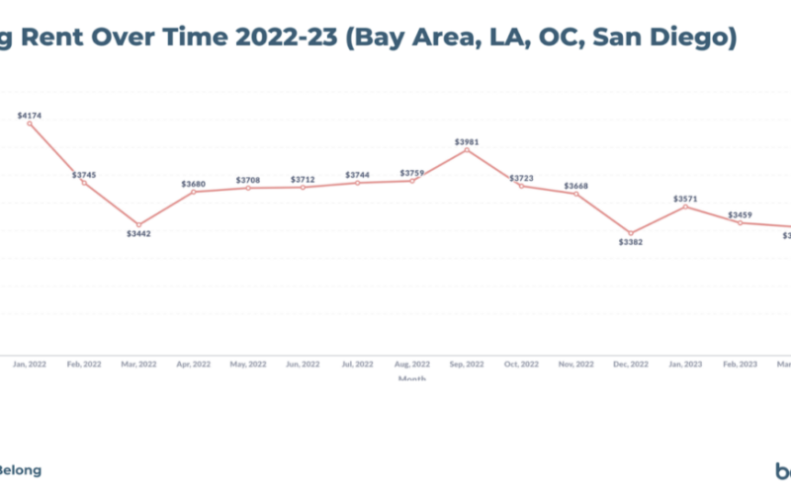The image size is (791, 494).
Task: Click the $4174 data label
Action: click(x=31, y=116)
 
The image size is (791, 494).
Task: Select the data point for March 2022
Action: click(x=139, y=225)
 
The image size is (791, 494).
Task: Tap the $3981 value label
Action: click(x=468, y=141)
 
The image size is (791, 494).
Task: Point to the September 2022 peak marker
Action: click(x=467, y=150)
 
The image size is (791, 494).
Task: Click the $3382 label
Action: click(x=631, y=241)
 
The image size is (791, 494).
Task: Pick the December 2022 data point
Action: click(x=631, y=233)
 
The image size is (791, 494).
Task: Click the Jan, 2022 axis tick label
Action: click(x=30, y=364)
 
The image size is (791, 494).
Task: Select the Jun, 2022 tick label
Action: click(x=304, y=364)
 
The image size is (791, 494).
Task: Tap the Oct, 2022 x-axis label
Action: click(x=522, y=364)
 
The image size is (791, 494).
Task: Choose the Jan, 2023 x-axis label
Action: click(x=686, y=364)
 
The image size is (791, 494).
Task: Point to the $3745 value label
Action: click(x=85, y=175)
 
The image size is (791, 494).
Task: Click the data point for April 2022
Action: click(x=194, y=192)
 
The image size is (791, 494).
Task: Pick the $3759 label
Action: click(x=412, y=174)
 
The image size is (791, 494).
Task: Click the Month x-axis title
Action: click(x=412, y=378)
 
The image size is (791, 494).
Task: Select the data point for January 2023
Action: click(x=685, y=206)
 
